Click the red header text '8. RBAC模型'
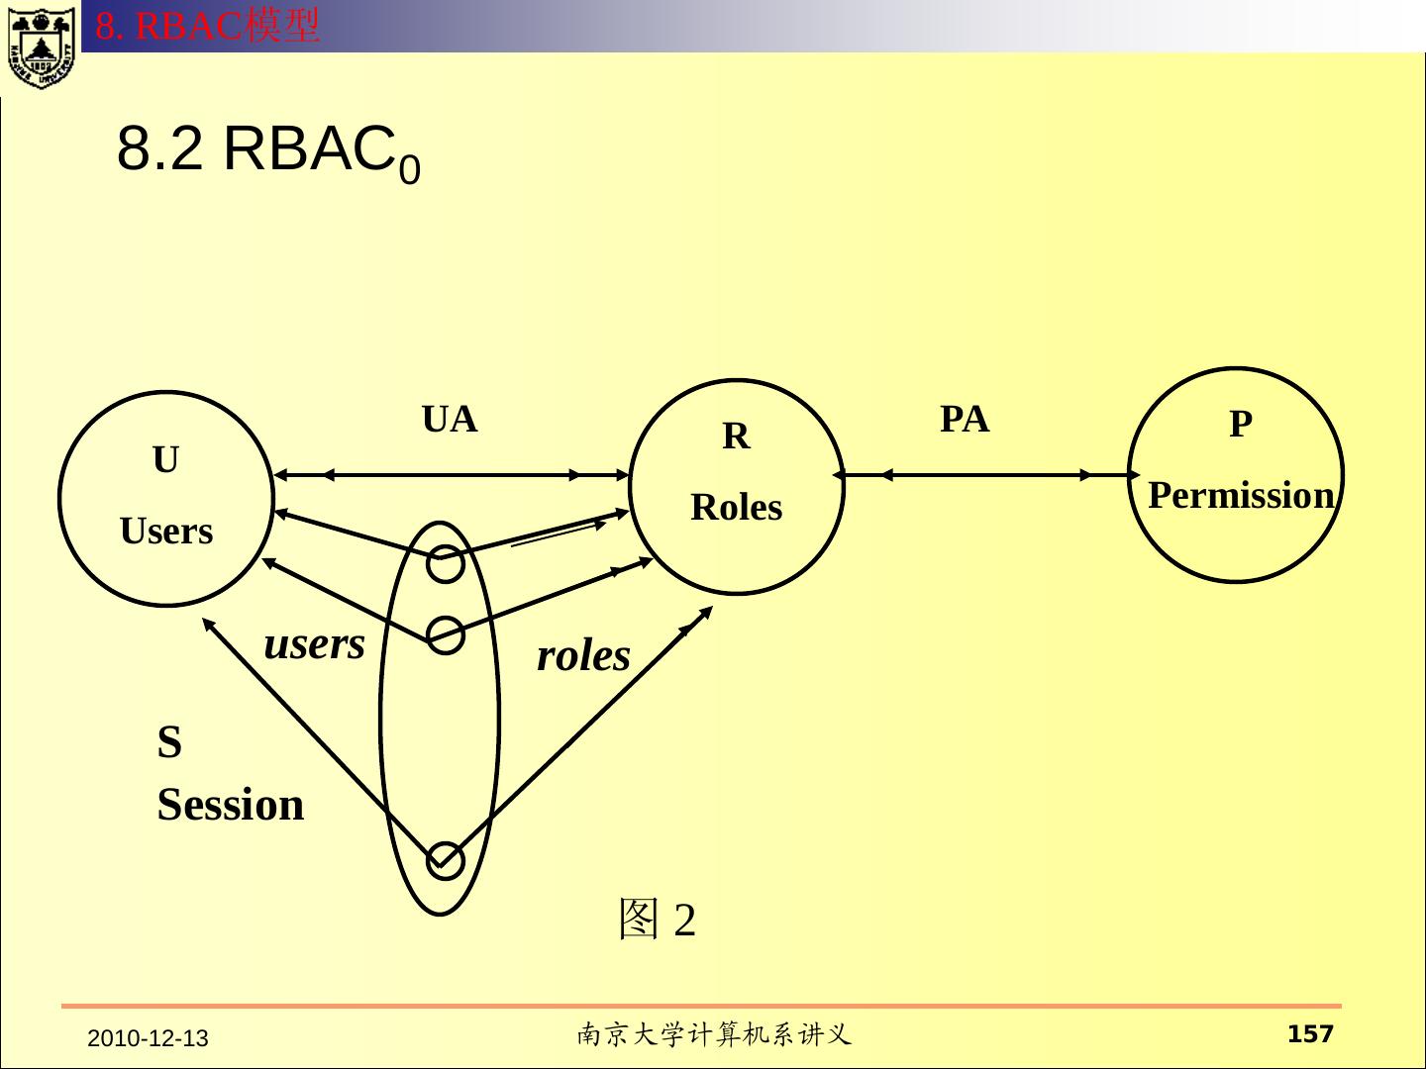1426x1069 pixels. tap(208, 26)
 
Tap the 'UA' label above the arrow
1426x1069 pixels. tap(450, 421)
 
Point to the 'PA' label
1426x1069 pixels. tap(964, 420)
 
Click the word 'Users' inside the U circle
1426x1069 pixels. tap(166, 533)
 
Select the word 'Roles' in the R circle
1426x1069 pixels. tap(736, 508)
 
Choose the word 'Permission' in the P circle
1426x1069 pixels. tap(1241, 496)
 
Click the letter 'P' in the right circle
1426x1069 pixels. tap(1241, 425)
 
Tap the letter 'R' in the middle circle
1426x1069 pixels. tap(736, 437)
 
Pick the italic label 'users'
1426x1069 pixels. tap(315, 644)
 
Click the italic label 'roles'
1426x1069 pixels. tap(583, 656)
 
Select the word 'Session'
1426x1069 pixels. tap(231, 805)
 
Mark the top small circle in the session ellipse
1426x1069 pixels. tap(446, 564)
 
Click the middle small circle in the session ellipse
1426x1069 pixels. tap(446, 635)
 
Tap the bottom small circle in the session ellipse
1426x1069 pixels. tap(445, 860)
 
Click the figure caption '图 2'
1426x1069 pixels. tap(657, 920)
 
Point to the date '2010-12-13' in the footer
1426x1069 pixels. tap(149, 1039)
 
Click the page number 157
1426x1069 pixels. tap(1310, 1035)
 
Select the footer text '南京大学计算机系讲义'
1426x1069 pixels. tap(713, 1035)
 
